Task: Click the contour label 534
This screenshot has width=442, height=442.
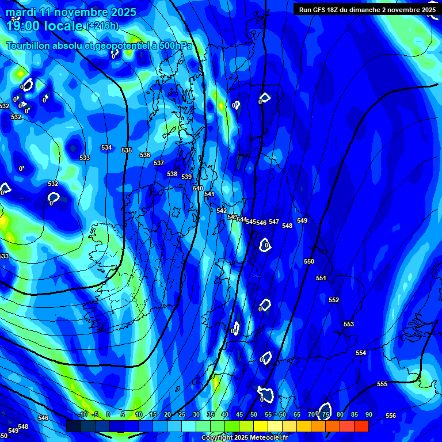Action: pos(106,148)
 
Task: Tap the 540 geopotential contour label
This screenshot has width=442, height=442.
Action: pos(198,189)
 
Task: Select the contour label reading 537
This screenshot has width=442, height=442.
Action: pos(159,163)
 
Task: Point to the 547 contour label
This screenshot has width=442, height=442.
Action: pos(274,222)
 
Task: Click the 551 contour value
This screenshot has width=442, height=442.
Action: pos(321,279)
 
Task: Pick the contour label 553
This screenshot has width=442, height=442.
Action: pos(349,325)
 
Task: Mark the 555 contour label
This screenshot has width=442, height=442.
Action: pos(382,384)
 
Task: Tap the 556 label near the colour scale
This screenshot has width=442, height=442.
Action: pos(391,416)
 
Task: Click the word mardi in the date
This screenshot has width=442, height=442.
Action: pos(21,12)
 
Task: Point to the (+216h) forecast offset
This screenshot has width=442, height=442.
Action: pos(102,26)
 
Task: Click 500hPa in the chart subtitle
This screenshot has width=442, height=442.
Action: pos(170,45)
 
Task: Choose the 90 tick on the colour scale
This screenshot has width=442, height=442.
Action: pos(368,415)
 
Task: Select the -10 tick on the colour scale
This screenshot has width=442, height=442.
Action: pos(82,415)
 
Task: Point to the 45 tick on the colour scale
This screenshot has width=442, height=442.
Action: pos(239,415)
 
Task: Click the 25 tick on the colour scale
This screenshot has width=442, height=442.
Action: pos(182,415)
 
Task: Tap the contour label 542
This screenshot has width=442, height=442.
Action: pos(222,211)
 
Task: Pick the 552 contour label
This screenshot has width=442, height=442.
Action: pos(334,300)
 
